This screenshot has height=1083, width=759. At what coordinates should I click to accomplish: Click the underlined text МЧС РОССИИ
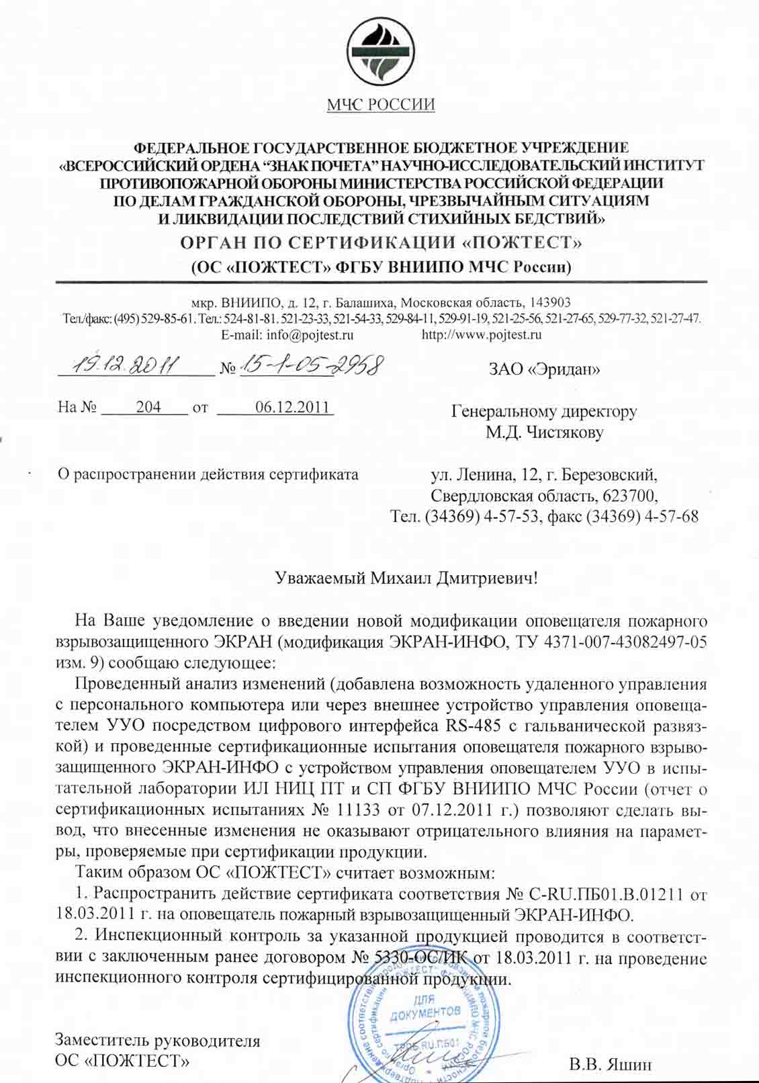381,105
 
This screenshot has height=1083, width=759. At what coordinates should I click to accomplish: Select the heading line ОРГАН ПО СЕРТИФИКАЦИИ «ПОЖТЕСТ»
381,243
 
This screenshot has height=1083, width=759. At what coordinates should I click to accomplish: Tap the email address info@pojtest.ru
287,335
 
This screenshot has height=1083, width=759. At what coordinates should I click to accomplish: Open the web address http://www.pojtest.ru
481,335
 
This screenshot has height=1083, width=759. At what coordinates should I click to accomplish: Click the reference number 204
148,407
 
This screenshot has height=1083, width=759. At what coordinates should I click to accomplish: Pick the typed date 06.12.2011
292,407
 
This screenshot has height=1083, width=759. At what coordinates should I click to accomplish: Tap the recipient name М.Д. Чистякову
544,432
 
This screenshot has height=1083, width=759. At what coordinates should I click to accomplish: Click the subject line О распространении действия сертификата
208,474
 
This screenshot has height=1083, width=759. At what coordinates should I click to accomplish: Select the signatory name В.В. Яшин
610,1065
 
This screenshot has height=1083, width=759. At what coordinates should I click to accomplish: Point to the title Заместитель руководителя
157,1041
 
